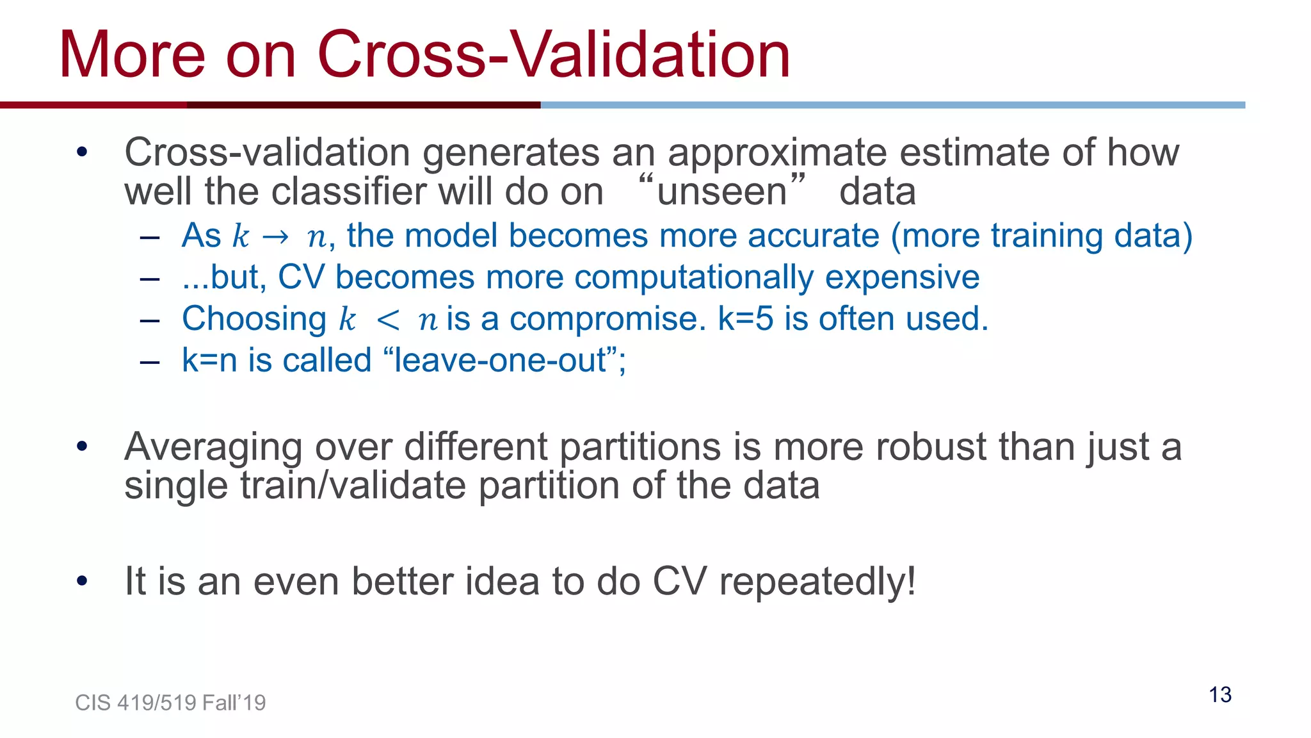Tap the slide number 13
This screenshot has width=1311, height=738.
1220,694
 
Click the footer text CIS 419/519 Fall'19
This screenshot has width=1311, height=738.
170,703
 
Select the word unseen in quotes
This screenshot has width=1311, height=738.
721,192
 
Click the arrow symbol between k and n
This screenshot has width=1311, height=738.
276,237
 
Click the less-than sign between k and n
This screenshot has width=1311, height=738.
388,320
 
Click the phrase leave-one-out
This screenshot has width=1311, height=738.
500,360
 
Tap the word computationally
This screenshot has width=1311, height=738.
694,278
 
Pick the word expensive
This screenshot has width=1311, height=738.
902,278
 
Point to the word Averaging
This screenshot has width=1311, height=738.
213,447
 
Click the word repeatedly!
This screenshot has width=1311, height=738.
817,582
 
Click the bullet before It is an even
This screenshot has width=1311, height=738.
81,581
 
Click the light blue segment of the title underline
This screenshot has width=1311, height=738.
892,105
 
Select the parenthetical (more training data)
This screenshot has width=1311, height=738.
1042,236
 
